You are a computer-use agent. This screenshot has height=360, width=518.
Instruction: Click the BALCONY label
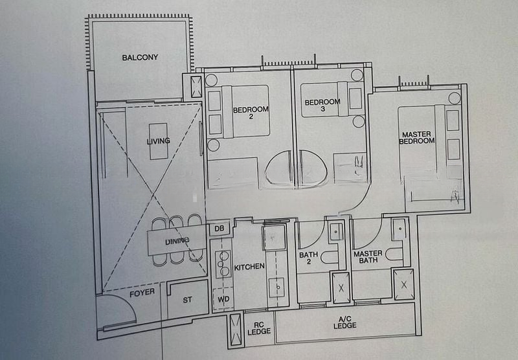point(140,58)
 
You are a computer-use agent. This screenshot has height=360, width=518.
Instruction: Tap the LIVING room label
point(158,141)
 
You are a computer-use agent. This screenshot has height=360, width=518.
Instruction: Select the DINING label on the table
point(177,242)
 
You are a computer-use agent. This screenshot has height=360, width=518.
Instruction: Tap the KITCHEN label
point(249,267)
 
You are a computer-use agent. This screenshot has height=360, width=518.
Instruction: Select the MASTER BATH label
point(368,257)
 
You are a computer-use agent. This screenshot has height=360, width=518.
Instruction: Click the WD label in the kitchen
point(223,299)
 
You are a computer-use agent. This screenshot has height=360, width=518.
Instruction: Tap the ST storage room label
point(187,300)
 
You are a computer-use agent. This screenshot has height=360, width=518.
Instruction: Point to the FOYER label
point(142,293)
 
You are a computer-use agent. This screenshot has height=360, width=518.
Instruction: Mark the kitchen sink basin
point(276,285)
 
